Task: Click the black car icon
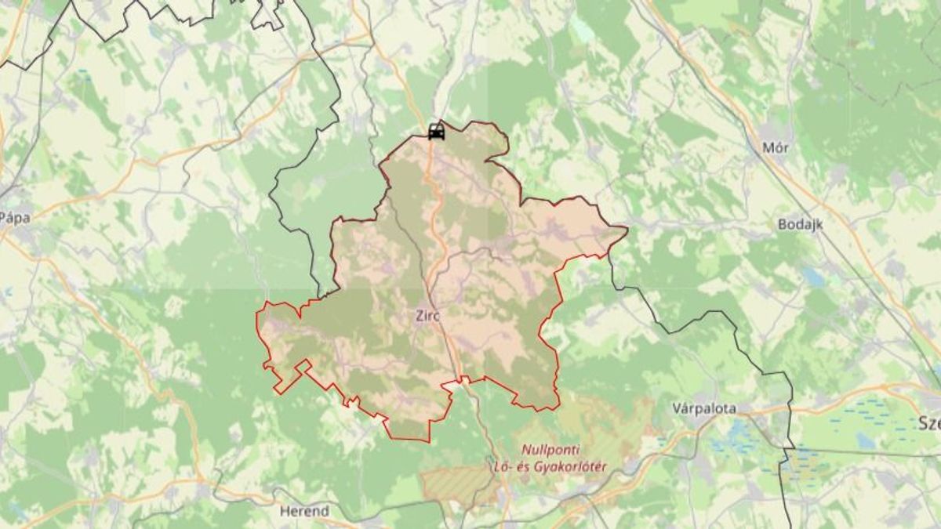point(437,132)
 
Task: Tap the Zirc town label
point(429,317)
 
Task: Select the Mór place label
point(775,147)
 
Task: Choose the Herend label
point(304,511)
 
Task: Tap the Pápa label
point(14,218)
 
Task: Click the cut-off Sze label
point(928,424)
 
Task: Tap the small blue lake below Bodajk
point(812,277)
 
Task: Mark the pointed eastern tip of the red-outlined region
point(626,229)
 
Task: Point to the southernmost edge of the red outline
point(409,440)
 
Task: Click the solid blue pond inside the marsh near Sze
point(866,440)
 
